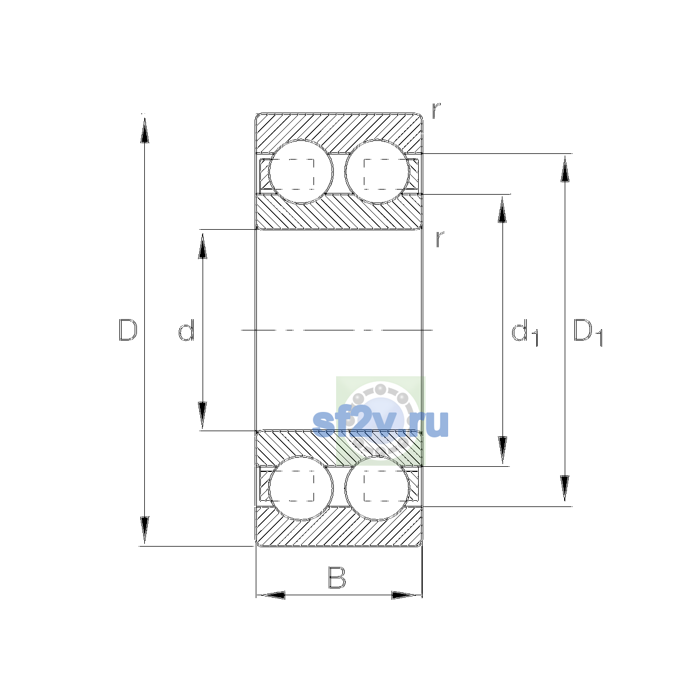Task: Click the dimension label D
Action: point(127,330)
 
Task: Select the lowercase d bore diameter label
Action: point(186,330)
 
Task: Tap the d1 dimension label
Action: point(525,332)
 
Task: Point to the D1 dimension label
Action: point(588,332)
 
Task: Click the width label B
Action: point(337,578)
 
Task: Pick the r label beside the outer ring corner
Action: point(436,110)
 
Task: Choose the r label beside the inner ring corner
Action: point(440,239)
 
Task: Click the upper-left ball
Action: point(300,172)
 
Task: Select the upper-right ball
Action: point(377,172)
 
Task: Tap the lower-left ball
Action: point(300,488)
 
